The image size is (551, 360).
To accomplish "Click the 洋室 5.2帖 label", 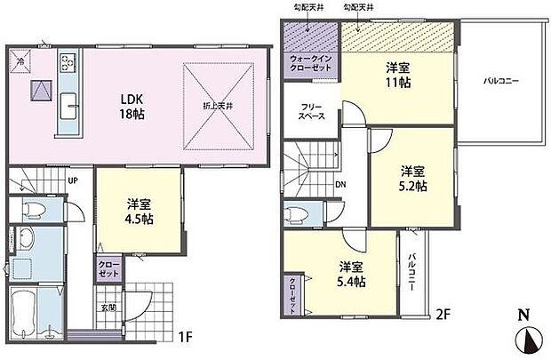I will coord(411,179).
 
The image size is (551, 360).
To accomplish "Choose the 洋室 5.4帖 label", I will coord(352,274).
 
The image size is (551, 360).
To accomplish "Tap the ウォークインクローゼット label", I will coord(309,65).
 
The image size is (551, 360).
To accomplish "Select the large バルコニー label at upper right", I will coord(501,81).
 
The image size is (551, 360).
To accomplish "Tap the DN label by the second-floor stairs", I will coord(340,186).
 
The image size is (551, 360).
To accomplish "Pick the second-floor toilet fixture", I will coord(296,216).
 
